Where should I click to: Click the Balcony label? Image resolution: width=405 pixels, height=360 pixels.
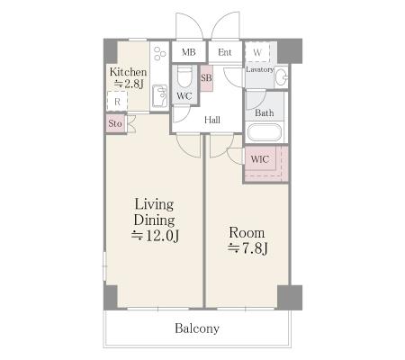tap(197, 328)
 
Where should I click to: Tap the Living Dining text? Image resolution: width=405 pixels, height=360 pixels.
tap(154, 212)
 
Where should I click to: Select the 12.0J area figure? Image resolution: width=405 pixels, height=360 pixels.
tap(156, 236)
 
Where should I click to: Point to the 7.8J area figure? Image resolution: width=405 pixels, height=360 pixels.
tap(247, 248)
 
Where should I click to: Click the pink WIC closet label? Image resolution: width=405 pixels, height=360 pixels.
tap(259, 159)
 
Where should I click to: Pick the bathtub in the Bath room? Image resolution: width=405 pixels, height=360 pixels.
tap(265, 132)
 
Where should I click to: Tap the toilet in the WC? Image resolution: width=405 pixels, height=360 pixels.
tap(184, 76)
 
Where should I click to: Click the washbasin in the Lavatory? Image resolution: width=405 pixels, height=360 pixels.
tap(282, 77)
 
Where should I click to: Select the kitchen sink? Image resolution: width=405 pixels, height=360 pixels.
tap(159, 96)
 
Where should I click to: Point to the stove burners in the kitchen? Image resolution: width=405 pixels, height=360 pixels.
tap(159, 54)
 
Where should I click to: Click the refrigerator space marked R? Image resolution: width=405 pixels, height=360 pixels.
tap(117, 102)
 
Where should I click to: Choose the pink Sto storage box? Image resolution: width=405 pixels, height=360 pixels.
tap(115, 123)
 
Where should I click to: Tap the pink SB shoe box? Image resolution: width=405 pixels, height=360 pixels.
tap(207, 78)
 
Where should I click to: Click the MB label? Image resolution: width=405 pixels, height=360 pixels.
tap(189, 52)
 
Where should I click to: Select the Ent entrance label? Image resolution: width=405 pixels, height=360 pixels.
tap(225, 52)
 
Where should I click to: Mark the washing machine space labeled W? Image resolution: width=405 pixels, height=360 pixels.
tap(257, 52)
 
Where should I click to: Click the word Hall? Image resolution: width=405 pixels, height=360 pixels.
tap(212, 120)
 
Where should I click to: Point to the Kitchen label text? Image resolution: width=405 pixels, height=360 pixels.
tap(128, 72)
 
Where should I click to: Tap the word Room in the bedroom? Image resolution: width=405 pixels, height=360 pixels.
tap(247, 233)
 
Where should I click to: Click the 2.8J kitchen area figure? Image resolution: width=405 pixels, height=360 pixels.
tap(130, 84)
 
